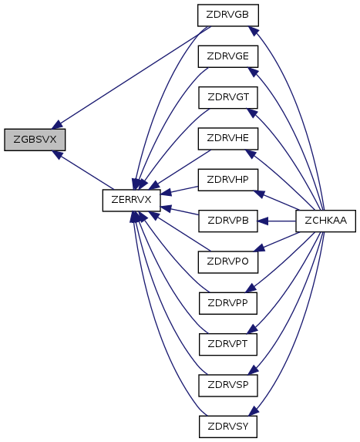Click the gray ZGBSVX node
pos(35,140)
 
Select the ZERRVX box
pos(131,200)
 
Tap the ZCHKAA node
pos(325,221)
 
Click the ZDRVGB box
pos(228,15)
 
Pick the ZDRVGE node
pos(228,56)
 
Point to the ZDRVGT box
pos(228,97)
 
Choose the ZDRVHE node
pos(228,139)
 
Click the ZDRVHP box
pos(228,180)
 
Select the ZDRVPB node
pos(228,221)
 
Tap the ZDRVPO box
pos(228,262)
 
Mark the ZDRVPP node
pos(228,303)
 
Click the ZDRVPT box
pos(228,345)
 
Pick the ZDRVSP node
pos(228,386)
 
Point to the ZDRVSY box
pos(228,427)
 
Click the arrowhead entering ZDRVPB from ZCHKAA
pos(263,221)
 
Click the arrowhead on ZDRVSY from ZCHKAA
pos(254,410)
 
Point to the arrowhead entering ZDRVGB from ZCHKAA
pos(254,31)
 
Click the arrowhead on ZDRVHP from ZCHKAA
pos(259,194)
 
